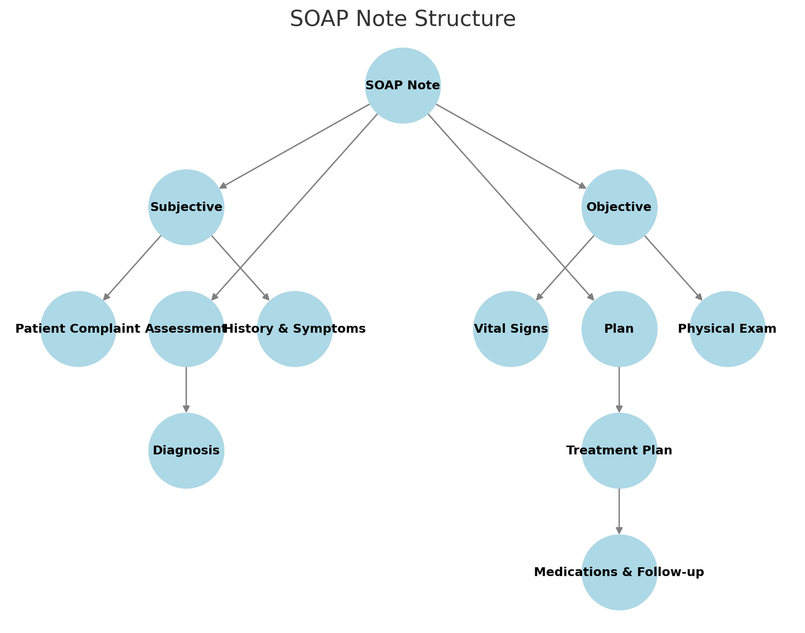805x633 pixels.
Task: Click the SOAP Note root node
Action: (x=403, y=85)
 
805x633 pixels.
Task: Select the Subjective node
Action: (x=186, y=207)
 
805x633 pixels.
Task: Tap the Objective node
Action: (x=619, y=207)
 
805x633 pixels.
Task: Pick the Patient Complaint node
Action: (x=78, y=329)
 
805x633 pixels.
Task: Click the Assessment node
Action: (x=186, y=329)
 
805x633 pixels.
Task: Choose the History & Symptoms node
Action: (x=295, y=329)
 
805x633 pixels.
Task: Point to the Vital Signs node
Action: (x=511, y=329)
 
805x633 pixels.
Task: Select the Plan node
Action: (x=619, y=329)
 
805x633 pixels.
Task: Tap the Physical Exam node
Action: (x=727, y=329)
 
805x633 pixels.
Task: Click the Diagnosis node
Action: (x=186, y=450)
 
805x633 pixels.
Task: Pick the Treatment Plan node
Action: (x=619, y=450)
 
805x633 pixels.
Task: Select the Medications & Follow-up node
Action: (x=619, y=572)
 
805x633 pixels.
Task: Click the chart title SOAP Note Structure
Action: (x=403, y=19)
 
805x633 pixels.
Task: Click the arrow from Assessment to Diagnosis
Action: (x=186, y=390)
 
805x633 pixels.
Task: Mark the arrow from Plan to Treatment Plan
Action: (x=619, y=390)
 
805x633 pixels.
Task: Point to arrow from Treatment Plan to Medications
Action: (x=619, y=511)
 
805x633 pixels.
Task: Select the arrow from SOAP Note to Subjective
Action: (x=295, y=146)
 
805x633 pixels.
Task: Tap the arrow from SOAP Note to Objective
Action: (x=511, y=146)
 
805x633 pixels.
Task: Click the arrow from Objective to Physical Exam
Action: (x=673, y=267)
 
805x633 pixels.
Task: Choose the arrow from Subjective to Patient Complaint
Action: (x=132, y=267)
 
